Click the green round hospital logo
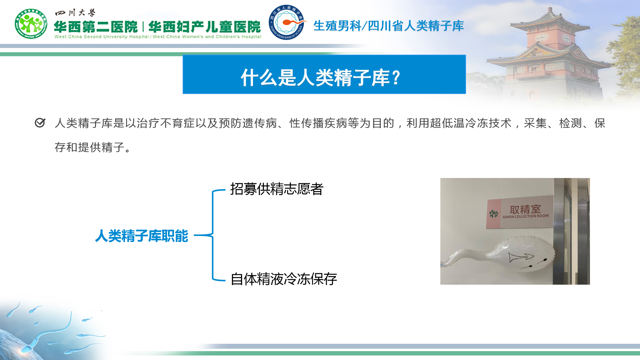(31, 24)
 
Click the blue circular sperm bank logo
(287, 22)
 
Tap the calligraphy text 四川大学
(75, 13)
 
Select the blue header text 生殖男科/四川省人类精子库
(389, 26)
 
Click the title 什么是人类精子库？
(321, 78)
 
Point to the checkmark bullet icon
(40, 123)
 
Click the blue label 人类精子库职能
(142, 236)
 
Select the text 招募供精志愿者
(277, 189)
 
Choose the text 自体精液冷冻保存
(284, 279)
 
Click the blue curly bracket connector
(213, 235)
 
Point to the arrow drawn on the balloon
(521, 257)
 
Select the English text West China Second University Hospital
(102, 37)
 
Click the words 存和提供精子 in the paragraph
(90, 147)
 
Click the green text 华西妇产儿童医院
(205, 27)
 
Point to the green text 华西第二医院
(96, 27)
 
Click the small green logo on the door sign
(494, 214)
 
